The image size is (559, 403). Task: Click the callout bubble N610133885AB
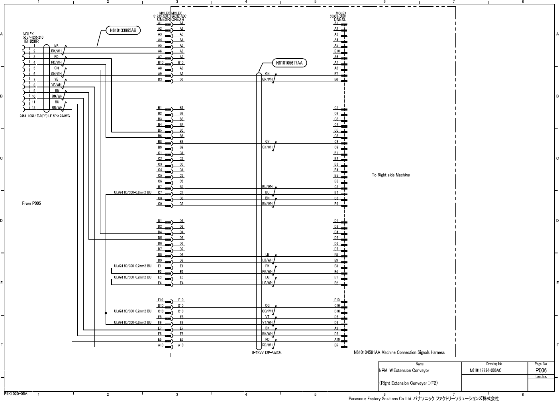pyautogui.click(x=123, y=30)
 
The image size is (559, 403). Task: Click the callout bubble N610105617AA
pyautogui.click(x=290, y=63)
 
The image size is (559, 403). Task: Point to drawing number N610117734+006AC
pyautogui.click(x=485, y=371)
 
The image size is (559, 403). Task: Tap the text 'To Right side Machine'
pyautogui.click(x=390, y=175)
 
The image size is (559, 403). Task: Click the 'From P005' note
pyautogui.click(x=31, y=203)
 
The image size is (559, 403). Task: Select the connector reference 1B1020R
pyautogui.click(x=31, y=41)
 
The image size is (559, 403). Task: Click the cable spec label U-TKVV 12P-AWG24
pyautogui.click(x=267, y=353)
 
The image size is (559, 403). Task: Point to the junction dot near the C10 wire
pyautogui.click(x=106, y=313)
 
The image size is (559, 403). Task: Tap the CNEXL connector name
pyautogui.click(x=340, y=19)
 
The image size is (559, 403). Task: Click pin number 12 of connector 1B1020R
pyautogui.click(x=34, y=108)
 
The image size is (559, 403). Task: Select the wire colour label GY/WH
pyautogui.click(x=267, y=147)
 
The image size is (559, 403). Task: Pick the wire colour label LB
pyautogui.click(x=267, y=255)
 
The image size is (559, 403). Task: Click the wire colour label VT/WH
pyautogui.click(x=267, y=322)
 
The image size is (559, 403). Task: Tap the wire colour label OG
pyautogui.click(x=267, y=306)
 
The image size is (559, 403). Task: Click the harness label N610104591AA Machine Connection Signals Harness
pyautogui.click(x=399, y=353)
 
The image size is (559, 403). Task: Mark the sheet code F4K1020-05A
pyautogui.click(x=16, y=394)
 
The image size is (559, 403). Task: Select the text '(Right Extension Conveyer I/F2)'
pyautogui.click(x=408, y=383)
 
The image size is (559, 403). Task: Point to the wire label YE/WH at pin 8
pyautogui.click(x=56, y=85)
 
